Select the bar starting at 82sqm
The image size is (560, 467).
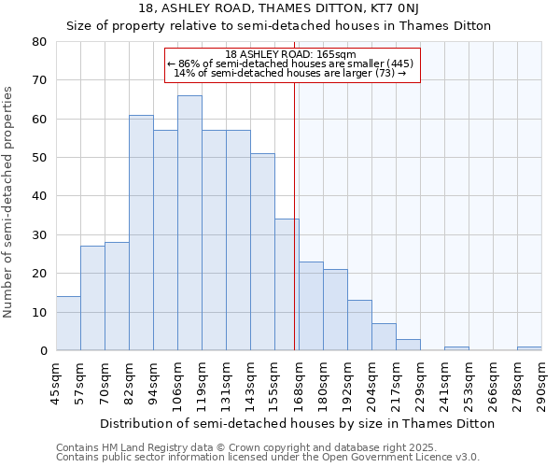coord(141,233)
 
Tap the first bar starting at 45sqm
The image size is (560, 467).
coord(68,323)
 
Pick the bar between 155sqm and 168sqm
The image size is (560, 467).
coord(287,284)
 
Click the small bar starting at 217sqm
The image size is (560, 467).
coord(408,345)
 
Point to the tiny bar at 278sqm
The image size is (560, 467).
coord(529,348)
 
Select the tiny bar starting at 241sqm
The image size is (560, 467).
coord(456,348)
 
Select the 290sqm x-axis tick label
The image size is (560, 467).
coord(541,385)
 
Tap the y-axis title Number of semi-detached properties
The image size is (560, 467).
coord(9,201)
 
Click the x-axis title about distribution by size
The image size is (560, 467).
coord(297,423)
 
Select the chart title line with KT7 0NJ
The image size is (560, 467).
coord(277,8)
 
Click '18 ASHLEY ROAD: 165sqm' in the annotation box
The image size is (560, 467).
coord(290,55)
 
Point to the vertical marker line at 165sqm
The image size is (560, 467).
coord(295,215)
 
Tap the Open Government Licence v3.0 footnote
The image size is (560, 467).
coord(268,458)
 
